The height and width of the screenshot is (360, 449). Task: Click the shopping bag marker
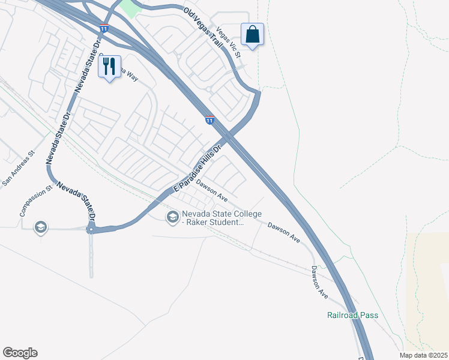click(253, 34)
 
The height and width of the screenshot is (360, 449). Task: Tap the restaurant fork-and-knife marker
click(109, 67)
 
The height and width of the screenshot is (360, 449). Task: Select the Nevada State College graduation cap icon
click(173, 217)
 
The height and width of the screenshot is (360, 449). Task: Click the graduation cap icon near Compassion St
click(40, 227)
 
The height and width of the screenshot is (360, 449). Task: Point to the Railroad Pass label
click(352, 315)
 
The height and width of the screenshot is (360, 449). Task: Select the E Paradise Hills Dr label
click(198, 167)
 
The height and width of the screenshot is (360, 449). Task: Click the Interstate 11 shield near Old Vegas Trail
click(104, 28)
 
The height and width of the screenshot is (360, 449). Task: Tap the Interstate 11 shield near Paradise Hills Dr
click(209, 120)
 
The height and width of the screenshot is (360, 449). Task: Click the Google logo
click(20, 353)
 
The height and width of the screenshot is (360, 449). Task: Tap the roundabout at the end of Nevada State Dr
click(91, 229)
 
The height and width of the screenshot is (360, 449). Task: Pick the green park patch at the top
click(130, 7)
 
